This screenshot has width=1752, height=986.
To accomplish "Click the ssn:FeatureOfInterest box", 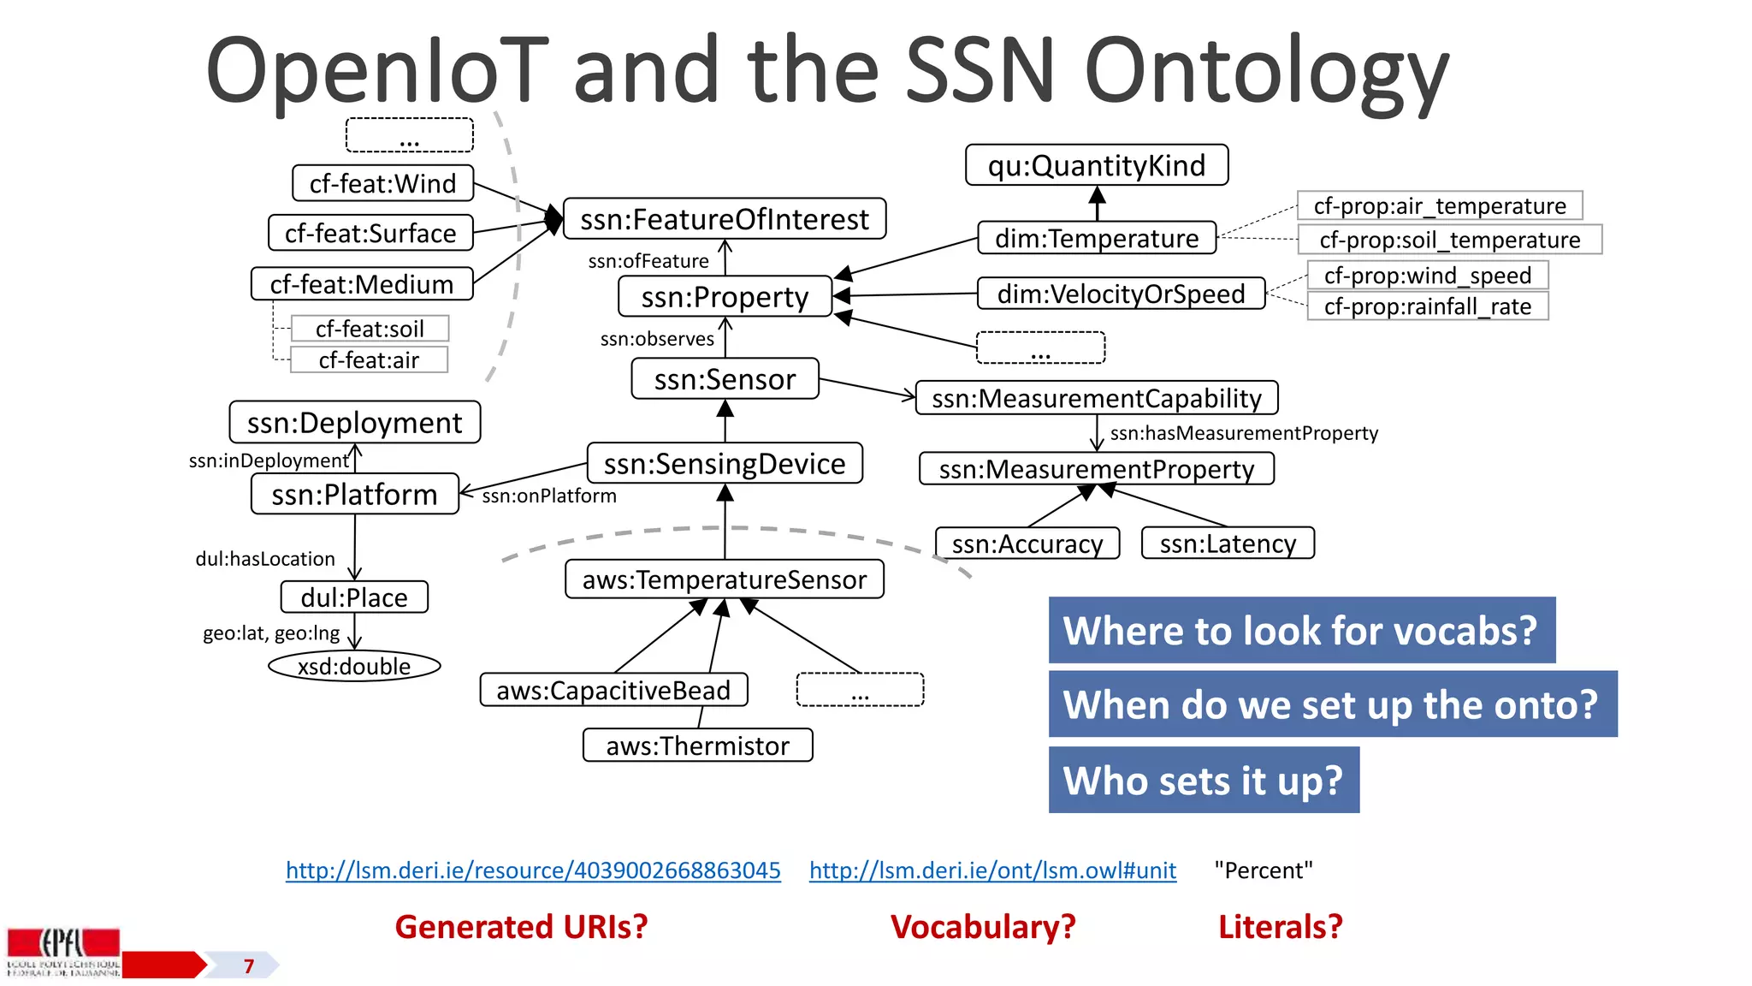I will point(724,219).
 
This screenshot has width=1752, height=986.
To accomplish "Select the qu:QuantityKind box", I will point(1096,165).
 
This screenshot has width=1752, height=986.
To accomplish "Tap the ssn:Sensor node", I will point(725,379).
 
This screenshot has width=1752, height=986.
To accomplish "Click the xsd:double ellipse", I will point(354,666).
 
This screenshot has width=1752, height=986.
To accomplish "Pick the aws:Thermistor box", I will point(697,745).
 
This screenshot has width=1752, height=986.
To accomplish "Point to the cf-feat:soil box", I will point(370,329).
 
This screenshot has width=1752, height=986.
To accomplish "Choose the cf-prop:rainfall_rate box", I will point(1427,306).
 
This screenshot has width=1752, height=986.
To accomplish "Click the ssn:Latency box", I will point(1228,543).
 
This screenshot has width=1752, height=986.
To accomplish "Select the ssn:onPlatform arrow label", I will point(548,496).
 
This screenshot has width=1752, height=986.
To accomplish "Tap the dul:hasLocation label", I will point(265,559).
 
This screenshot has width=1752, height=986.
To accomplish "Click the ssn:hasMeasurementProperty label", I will point(1244,433).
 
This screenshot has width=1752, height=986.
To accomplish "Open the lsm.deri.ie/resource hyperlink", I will point(533,870).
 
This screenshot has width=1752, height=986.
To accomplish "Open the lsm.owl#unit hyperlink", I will point(992,870).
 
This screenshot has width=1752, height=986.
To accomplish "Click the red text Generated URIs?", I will point(521,927).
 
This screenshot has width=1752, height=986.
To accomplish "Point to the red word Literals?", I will point(1280,927).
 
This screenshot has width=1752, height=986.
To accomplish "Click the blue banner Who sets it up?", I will point(1203,780).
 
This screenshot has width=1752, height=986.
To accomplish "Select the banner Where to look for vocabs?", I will point(1300,630).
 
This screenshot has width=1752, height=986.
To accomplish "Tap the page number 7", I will point(249,966).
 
